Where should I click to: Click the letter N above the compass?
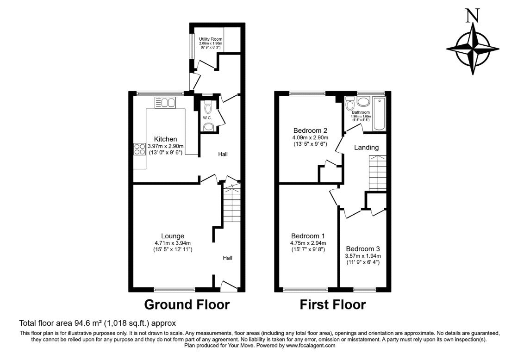pos(472,16)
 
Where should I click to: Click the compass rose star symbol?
pos(473,49)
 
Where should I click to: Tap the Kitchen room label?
pos(165,139)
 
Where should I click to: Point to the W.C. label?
pos(207,118)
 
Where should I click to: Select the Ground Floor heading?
pos(187,305)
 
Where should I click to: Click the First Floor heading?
pos(332,305)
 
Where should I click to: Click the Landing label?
pos(366,148)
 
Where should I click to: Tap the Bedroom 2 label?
pos(310,130)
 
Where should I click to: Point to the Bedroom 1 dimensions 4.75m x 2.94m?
pos(308,243)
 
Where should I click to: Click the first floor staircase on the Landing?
pos(377,173)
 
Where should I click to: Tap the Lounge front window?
pos(175,290)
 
